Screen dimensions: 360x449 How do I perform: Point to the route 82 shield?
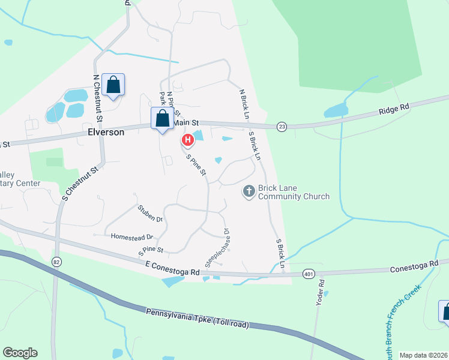pos(56,262)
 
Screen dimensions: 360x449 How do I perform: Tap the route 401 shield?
pos(309,274)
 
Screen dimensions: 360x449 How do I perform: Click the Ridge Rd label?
pos(393,108)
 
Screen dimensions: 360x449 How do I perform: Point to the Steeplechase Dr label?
pos(217,247)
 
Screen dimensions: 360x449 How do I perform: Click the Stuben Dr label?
pos(150,214)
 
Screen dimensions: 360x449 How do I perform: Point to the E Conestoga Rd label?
pos(172,268)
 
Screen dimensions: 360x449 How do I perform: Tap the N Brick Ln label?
pos(243,103)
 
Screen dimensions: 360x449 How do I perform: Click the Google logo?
pos(20,353)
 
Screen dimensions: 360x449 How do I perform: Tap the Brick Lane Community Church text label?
pos(294,192)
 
